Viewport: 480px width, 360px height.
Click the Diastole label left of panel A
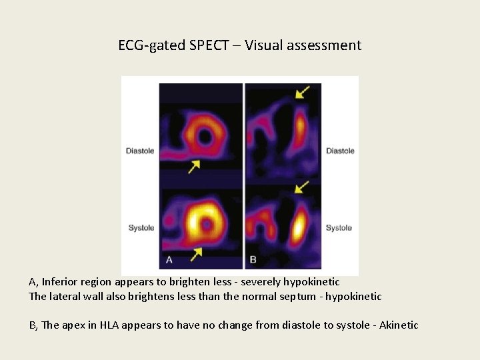(x=140, y=151)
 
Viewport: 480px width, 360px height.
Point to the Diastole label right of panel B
(x=340, y=151)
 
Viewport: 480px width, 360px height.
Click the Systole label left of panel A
(x=141, y=228)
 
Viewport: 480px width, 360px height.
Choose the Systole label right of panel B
(x=339, y=228)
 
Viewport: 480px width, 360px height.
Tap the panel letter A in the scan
(x=169, y=259)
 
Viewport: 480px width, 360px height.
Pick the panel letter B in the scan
(x=253, y=259)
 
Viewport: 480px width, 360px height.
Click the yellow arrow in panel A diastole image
(x=194, y=166)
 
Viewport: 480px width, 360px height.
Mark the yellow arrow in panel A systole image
(x=196, y=253)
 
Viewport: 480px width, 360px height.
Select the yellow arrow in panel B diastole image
(x=303, y=91)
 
